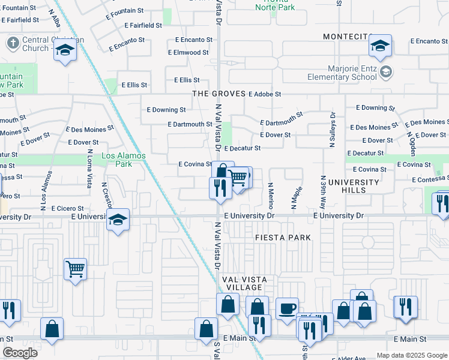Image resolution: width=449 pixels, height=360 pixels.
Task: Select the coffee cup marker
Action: point(287,308)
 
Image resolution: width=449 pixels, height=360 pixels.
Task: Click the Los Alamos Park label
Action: point(124,160)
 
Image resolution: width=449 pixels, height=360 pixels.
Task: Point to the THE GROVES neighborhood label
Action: point(218,94)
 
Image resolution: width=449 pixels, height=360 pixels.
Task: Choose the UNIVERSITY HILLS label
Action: point(354,186)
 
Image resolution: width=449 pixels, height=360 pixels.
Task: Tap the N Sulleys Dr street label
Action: point(331,130)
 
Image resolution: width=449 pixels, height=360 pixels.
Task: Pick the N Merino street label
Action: point(271,196)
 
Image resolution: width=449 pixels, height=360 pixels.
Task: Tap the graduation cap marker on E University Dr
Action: point(118,220)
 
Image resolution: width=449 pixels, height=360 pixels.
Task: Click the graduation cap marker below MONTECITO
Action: point(379,46)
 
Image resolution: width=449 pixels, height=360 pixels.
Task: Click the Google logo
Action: point(20,353)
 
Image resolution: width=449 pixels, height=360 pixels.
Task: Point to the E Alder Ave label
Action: point(349,357)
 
